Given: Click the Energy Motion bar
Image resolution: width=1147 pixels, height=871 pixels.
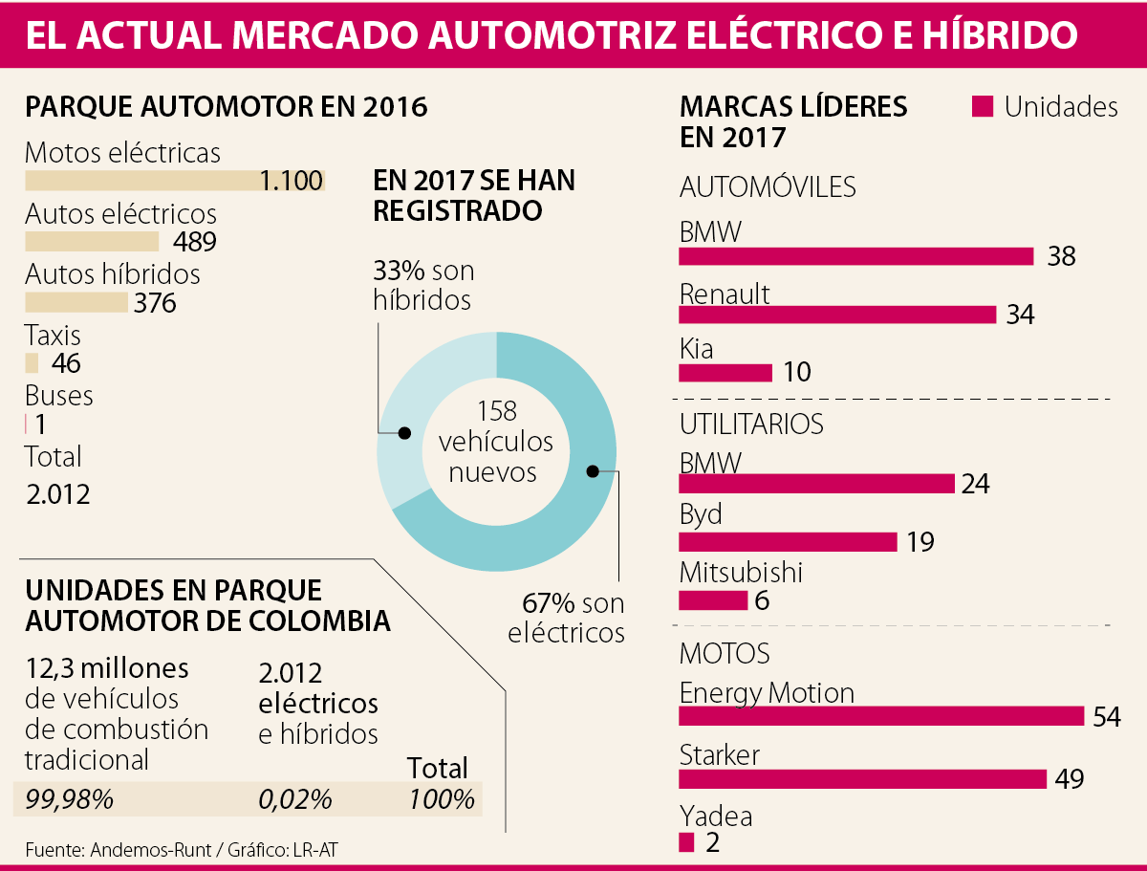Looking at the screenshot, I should click(880, 716).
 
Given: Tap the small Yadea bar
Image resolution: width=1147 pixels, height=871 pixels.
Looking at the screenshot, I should click(686, 842).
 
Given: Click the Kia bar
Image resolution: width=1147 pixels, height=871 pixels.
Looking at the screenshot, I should click(725, 372).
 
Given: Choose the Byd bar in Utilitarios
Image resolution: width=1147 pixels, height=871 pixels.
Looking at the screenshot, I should click(788, 542).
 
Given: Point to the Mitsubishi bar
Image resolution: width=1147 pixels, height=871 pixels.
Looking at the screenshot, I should click(713, 600).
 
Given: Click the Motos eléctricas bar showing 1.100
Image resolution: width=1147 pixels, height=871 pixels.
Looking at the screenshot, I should click(174, 181).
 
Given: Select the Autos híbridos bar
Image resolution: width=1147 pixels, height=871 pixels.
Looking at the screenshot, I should click(76, 303).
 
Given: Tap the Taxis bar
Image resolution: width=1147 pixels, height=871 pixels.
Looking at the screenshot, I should click(32, 363).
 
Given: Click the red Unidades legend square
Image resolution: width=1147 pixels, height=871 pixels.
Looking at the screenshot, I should click(982, 106).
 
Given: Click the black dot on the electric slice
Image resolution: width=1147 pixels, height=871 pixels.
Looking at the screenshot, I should click(593, 470).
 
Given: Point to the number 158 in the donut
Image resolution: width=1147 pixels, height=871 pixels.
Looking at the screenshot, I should click(496, 412).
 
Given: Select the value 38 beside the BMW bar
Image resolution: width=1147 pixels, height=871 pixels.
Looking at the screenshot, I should click(1061, 256).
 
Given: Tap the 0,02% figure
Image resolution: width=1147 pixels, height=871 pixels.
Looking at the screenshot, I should click(295, 799).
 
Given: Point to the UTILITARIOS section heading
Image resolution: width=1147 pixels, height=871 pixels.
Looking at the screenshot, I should click(751, 423).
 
